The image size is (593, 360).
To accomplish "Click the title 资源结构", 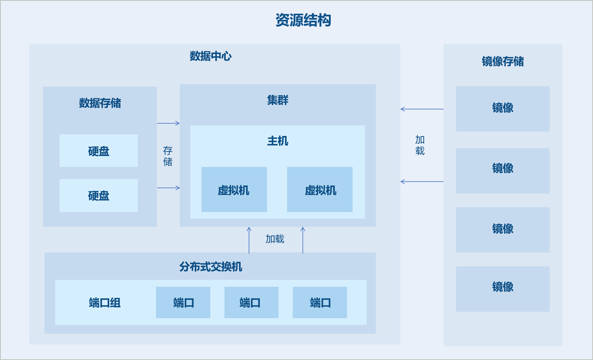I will (x=303, y=20).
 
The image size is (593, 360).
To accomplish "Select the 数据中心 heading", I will (x=211, y=56).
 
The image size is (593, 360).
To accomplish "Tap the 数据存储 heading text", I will (x=100, y=103).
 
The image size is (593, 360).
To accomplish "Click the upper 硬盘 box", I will (x=99, y=151).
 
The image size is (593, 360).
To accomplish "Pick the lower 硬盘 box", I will (x=99, y=196).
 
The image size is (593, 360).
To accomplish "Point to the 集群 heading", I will (x=278, y=100).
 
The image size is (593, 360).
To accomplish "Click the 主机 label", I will (x=278, y=141).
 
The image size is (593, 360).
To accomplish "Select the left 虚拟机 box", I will (x=234, y=190).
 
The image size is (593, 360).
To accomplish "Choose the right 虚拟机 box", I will (x=320, y=190).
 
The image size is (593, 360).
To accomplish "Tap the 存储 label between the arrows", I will (x=168, y=156).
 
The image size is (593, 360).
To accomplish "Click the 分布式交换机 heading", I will (x=211, y=267).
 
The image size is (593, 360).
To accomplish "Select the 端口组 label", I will (x=105, y=303).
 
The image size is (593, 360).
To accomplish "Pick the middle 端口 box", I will (x=251, y=303).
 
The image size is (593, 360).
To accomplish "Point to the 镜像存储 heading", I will (x=503, y=61).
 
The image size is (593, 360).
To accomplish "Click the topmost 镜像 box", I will (x=503, y=109).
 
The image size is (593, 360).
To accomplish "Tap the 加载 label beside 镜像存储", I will (x=420, y=145).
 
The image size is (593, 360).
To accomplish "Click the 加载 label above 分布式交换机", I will (x=275, y=239).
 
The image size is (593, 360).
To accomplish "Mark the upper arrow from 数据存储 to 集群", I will (x=168, y=123).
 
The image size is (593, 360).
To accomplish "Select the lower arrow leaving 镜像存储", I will (x=422, y=182).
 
